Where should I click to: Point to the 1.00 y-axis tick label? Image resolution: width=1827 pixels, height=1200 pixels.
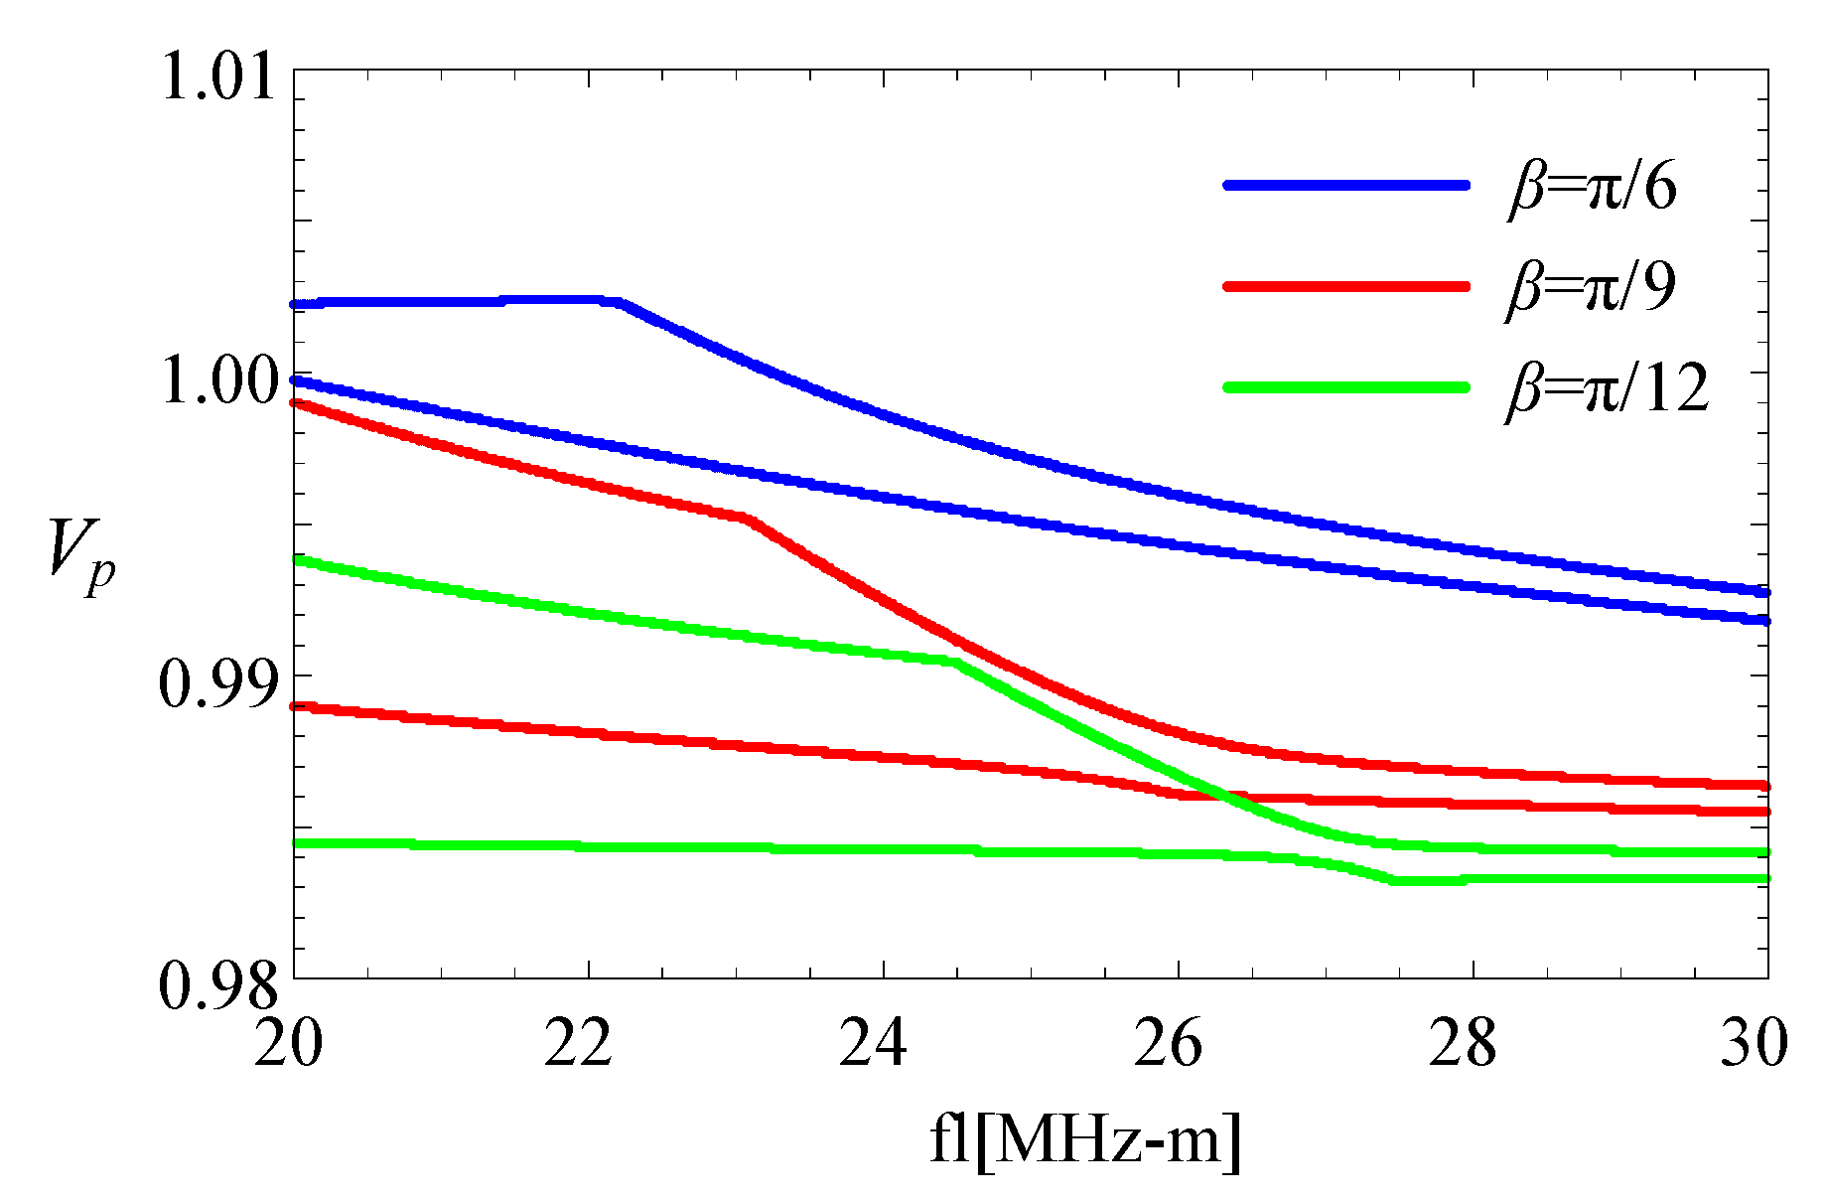[x=217, y=381]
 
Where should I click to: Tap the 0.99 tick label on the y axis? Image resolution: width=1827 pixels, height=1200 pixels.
[x=217, y=685]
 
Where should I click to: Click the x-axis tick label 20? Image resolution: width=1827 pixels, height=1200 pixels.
[x=289, y=1044]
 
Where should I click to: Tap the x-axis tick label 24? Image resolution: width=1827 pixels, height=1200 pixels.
[x=874, y=1044]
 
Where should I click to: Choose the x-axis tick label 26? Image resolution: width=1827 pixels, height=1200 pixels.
[x=1169, y=1044]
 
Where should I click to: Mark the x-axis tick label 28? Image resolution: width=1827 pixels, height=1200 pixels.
[x=1463, y=1044]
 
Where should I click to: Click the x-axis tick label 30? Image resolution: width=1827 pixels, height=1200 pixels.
[x=1755, y=1044]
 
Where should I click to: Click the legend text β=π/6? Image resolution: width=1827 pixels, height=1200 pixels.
[x=1592, y=186]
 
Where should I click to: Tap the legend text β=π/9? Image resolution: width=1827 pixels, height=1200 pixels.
[x=1592, y=287]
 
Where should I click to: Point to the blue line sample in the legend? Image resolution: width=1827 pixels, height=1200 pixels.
[x=1346, y=185]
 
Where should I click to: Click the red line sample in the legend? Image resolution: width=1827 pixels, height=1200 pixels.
[x=1346, y=286]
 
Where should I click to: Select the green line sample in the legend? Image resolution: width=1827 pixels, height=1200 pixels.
[x=1346, y=387]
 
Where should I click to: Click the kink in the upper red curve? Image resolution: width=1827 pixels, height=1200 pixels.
[x=747, y=518]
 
